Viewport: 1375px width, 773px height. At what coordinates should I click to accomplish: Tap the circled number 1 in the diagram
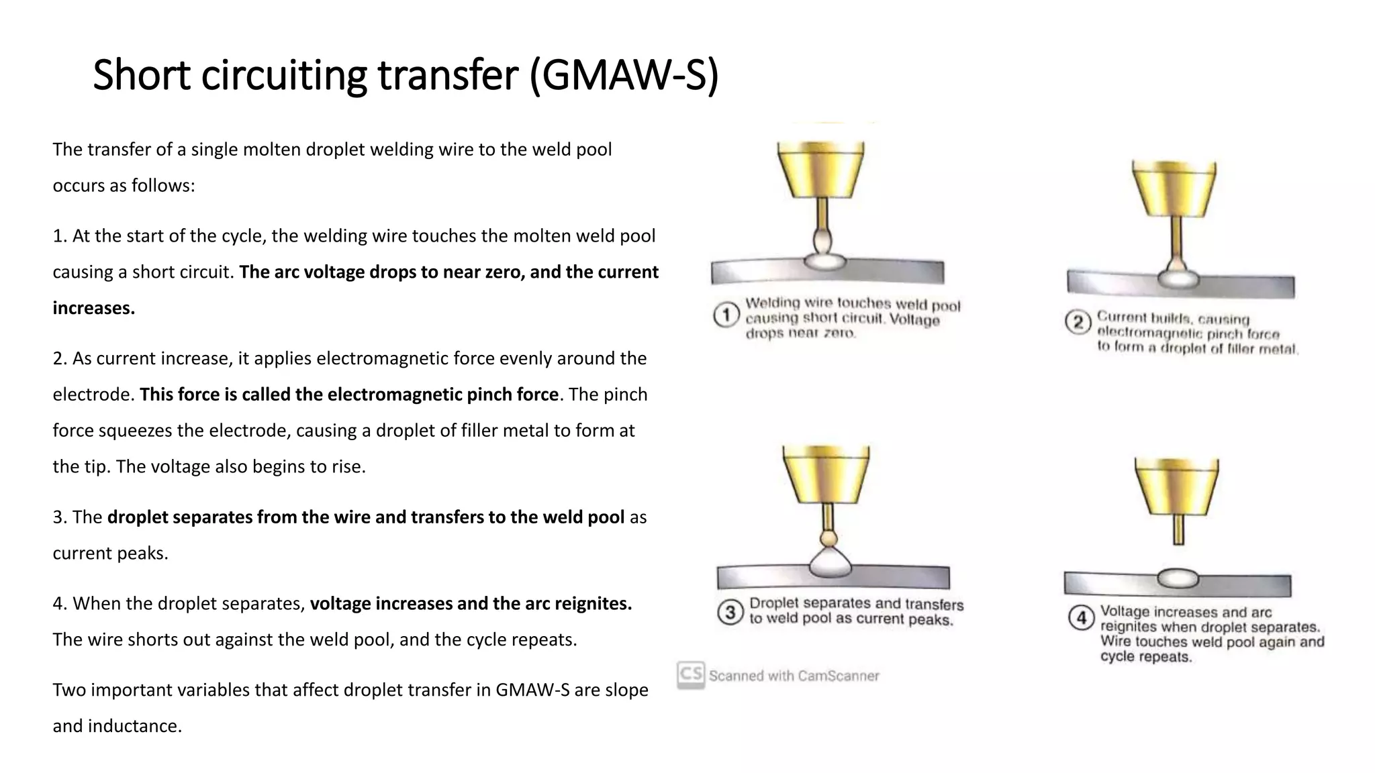click(726, 315)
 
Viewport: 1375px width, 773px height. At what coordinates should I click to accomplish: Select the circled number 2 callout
click(1078, 323)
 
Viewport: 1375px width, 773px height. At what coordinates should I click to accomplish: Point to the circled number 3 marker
click(730, 612)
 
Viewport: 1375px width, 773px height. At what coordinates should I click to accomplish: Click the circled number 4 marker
click(1081, 617)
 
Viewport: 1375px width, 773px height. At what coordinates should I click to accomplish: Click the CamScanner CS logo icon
click(691, 674)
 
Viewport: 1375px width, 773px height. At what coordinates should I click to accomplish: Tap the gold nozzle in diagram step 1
click(820, 169)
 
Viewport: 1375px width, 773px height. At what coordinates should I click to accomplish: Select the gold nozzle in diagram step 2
click(1174, 188)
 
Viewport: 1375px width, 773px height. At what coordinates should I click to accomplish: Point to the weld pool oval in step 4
click(1178, 578)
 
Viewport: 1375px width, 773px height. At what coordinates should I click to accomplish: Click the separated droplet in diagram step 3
click(830, 538)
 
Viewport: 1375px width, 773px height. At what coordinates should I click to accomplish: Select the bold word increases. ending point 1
click(94, 308)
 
